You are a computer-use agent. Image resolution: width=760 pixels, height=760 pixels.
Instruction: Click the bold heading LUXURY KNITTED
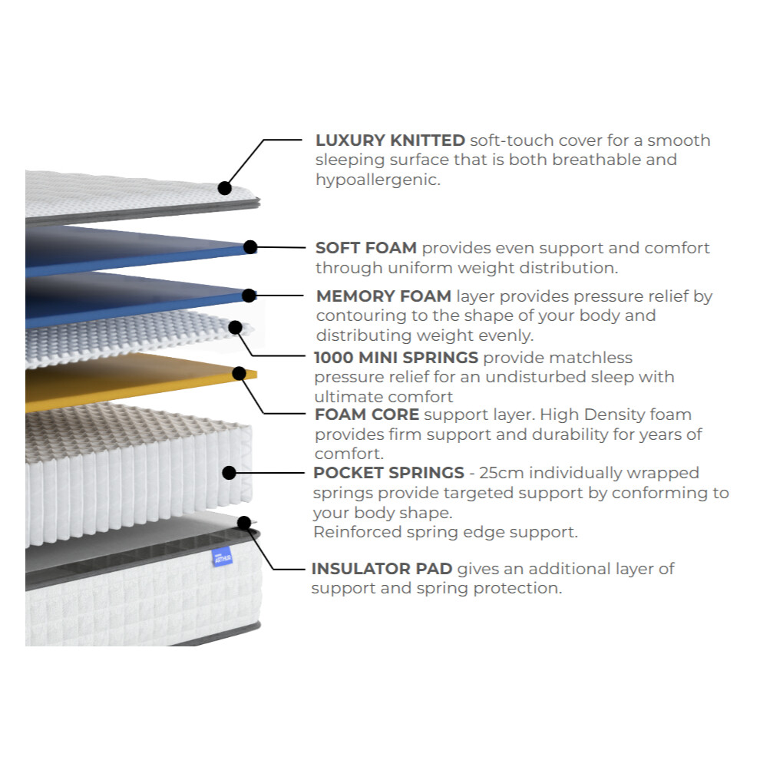point(390,140)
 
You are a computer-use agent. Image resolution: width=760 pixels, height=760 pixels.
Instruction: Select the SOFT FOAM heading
point(366,248)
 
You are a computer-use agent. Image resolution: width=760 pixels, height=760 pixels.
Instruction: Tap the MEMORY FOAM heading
point(384,296)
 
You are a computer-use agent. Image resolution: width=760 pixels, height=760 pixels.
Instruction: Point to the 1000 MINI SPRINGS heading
point(396,358)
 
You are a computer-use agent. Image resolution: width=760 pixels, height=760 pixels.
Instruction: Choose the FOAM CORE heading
point(367,415)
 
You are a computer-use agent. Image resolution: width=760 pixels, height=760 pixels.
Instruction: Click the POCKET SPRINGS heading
point(388,473)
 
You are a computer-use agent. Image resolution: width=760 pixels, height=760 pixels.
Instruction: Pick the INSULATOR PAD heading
point(382,569)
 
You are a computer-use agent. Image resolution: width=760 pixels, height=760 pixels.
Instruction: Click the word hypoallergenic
point(378,180)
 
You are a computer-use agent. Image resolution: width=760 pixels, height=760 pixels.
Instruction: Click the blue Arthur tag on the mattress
point(223,557)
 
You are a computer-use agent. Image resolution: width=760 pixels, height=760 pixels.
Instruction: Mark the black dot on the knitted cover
point(224,188)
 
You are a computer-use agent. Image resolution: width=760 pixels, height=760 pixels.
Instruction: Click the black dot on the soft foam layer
point(250,246)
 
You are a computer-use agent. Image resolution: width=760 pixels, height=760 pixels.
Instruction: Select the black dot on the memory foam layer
point(249,296)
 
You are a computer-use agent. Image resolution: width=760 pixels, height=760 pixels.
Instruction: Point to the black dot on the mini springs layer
point(235,328)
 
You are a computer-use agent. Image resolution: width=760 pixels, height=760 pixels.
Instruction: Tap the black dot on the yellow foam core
point(239,373)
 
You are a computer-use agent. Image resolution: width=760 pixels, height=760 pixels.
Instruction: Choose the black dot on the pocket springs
point(229,473)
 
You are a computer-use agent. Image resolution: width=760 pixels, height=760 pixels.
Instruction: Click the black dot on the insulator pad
point(244,523)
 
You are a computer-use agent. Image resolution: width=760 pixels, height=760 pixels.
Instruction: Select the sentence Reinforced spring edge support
point(445,532)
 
